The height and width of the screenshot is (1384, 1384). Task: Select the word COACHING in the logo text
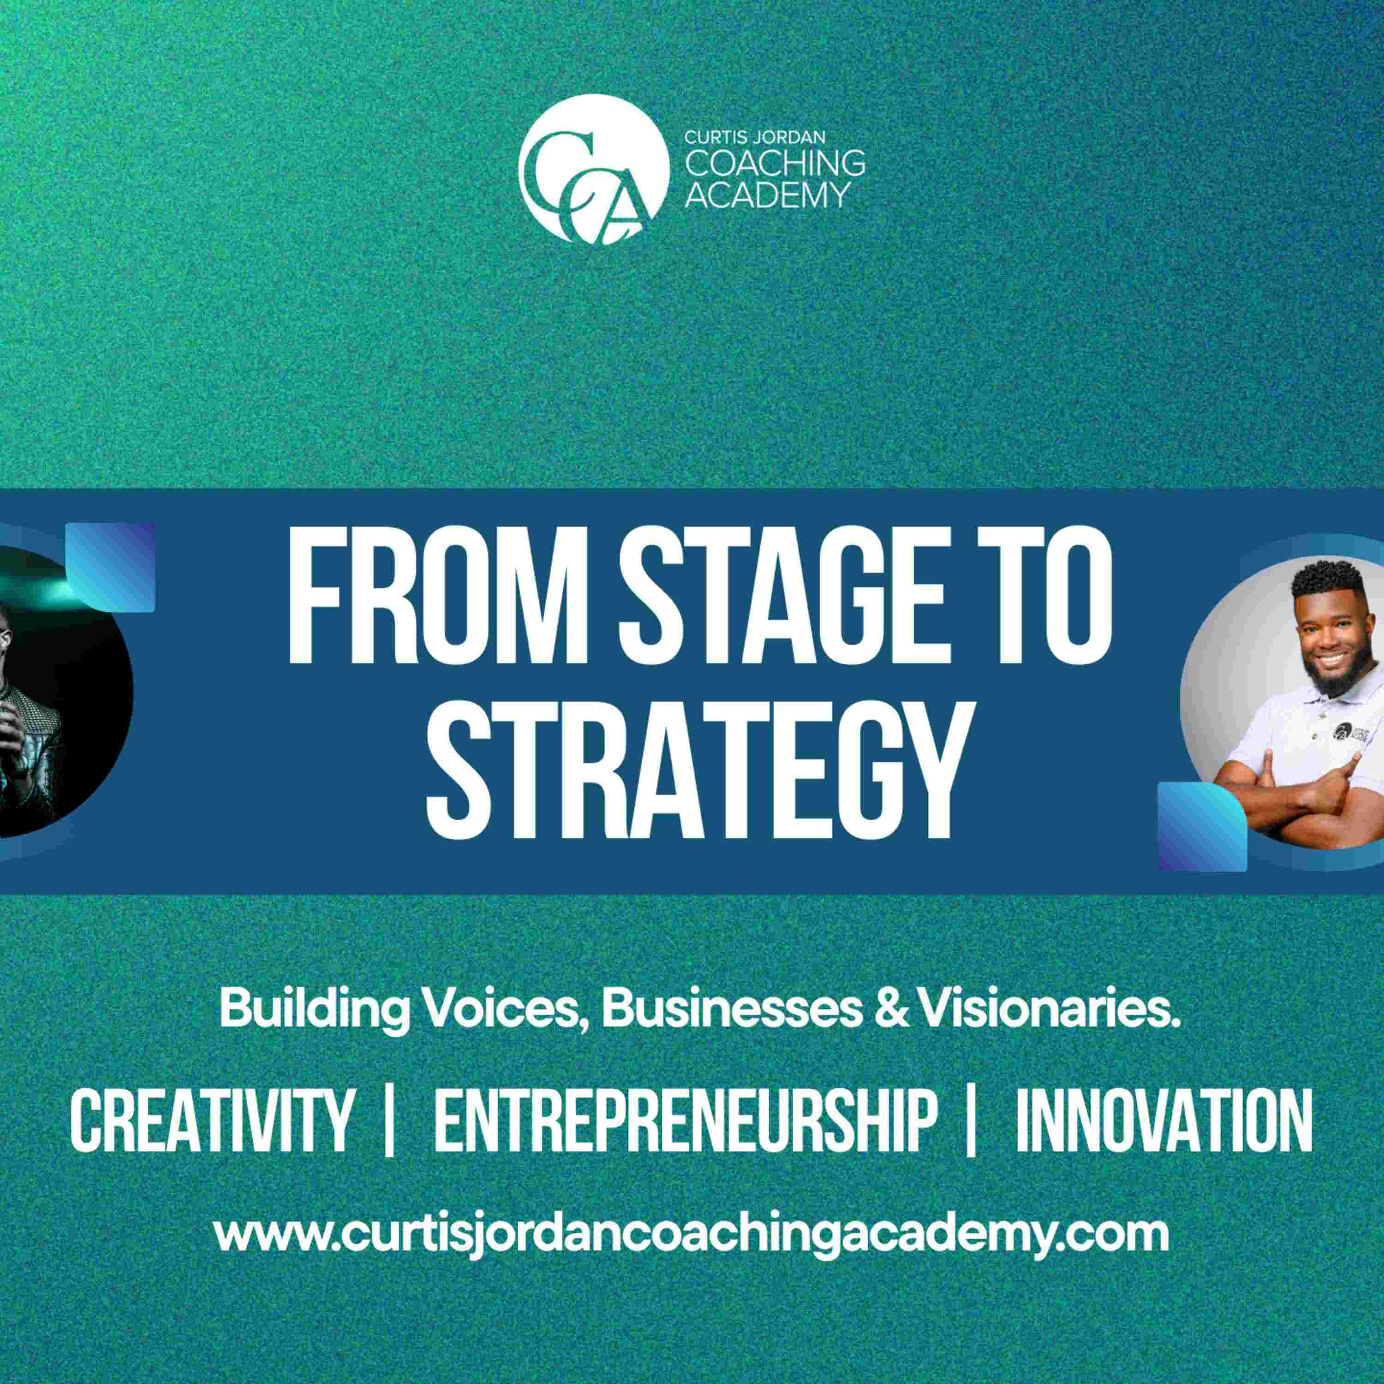pos(775,163)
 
